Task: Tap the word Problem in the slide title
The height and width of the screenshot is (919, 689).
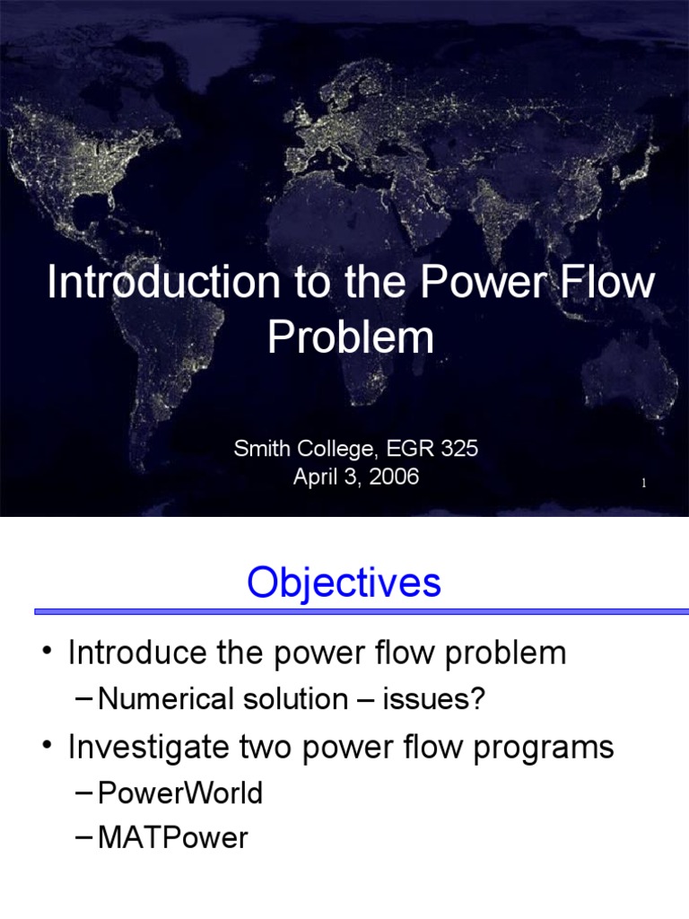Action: point(351,337)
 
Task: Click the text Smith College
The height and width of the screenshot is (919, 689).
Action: point(298,449)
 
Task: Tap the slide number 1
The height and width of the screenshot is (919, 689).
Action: point(644,485)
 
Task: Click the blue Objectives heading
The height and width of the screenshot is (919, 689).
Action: point(344,582)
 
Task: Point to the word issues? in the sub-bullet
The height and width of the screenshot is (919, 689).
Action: point(434,700)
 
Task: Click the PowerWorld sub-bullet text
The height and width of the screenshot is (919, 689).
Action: point(180,793)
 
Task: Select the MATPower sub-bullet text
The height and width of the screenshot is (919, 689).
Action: point(173,838)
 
